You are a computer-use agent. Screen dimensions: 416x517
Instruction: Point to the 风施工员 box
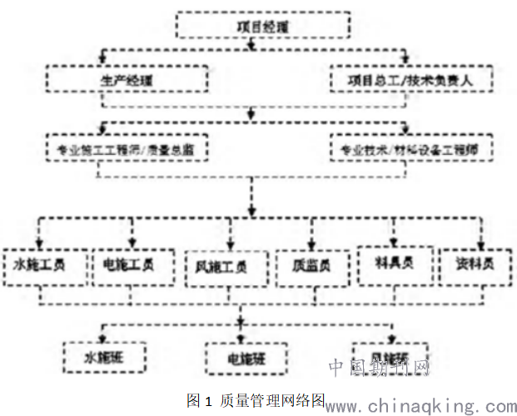point(220,266)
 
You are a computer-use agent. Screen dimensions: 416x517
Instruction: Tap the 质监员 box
point(311,266)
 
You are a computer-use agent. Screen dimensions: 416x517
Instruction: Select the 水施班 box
point(104,357)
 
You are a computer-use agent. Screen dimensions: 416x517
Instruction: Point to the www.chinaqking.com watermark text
point(420,407)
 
